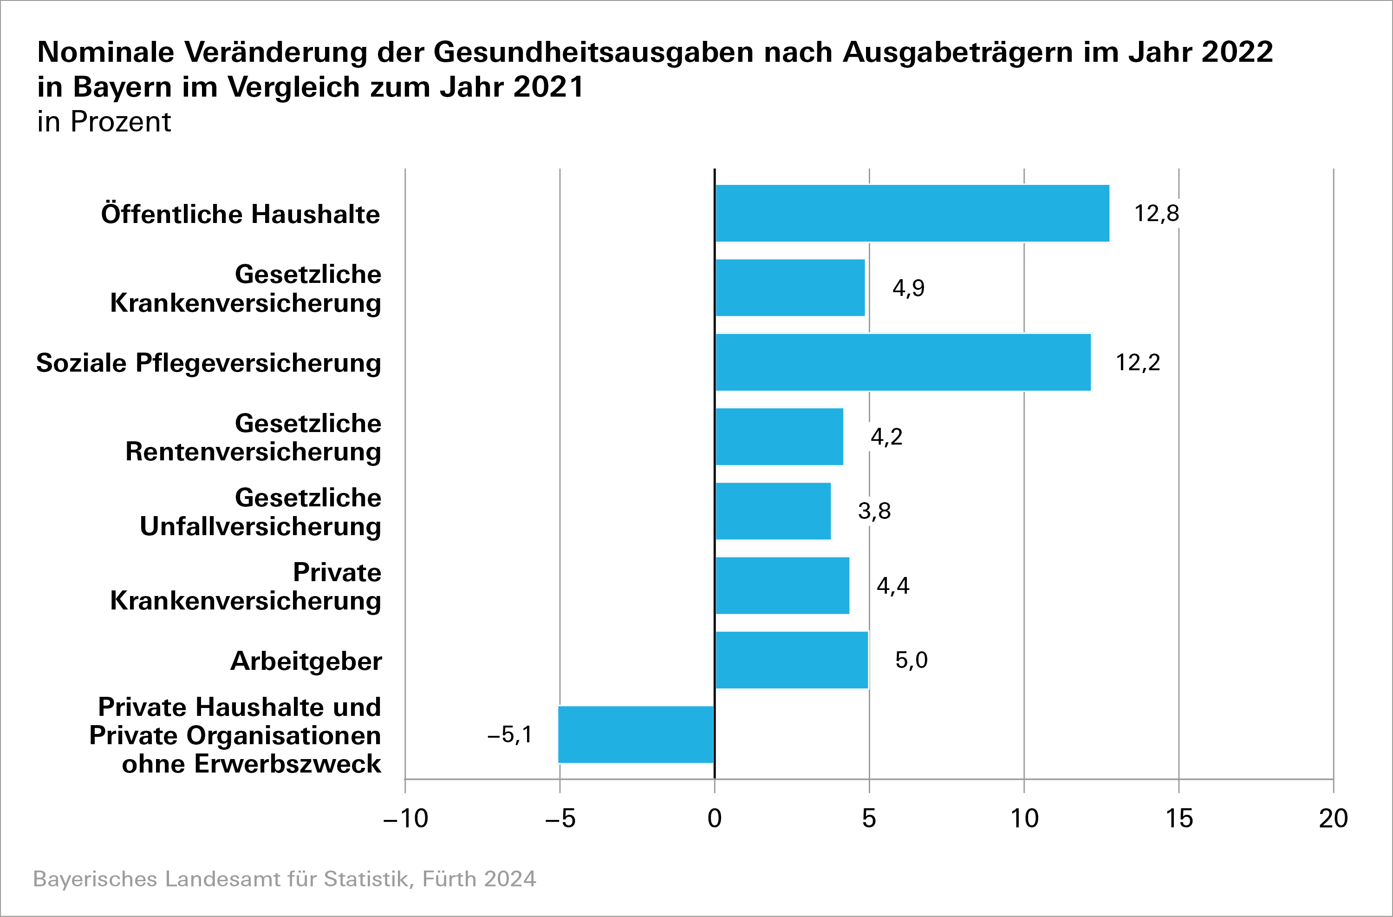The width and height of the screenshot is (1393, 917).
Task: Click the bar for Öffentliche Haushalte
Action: coord(912,213)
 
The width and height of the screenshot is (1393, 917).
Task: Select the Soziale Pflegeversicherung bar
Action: coord(903,362)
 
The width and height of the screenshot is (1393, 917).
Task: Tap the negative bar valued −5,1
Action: coord(636,734)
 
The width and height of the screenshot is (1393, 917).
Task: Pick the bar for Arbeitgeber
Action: coord(791,660)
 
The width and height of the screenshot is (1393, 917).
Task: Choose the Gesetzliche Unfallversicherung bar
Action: coord(773,511)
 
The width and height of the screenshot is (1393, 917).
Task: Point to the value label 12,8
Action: coord(1157,213)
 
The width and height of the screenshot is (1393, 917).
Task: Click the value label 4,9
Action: coord(908,288)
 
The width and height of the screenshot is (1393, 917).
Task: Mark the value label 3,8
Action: coord(874,511)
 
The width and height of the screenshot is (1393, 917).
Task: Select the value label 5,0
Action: coord(911,660)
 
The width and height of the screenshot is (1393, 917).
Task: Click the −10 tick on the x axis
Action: coord(405,818)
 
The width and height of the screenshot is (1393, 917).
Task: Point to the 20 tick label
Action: coord(1333,818)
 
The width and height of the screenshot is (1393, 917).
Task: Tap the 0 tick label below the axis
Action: coord(715,818)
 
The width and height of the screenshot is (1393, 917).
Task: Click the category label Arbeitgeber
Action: coord(306,661)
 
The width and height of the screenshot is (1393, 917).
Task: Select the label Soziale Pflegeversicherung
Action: coord(208,363)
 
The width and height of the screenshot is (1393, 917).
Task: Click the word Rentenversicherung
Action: coord(253,452)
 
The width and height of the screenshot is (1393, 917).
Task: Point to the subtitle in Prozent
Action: coord(104,122)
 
